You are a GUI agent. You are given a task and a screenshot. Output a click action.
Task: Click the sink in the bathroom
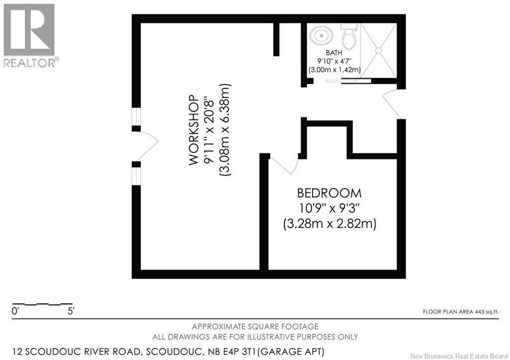coord(320,36)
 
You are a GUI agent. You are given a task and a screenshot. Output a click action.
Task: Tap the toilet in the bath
coord(348,36)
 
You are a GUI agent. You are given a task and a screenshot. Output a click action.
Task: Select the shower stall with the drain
coord(378,50)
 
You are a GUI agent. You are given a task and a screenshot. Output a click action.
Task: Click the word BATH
coord(334,53)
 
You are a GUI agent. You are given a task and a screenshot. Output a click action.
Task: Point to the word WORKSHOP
coord(195,130)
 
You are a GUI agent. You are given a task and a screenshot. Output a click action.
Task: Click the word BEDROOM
coord(329,193)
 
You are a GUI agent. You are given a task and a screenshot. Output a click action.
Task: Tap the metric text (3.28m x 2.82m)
coord(329,224)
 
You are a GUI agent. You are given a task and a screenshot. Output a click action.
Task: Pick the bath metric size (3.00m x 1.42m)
coord(334,70)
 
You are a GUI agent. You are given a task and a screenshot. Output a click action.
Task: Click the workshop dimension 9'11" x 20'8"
coord(210,130)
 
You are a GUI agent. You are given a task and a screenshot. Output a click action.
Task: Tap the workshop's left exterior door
coord(147,144)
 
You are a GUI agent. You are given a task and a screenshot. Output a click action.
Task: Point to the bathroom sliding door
coord(349,80)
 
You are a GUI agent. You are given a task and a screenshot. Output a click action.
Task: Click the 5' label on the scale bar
coord(71,312)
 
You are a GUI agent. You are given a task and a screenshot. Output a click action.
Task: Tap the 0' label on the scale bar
coord(15,312)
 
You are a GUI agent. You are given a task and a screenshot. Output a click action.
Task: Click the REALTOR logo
coord(29,35)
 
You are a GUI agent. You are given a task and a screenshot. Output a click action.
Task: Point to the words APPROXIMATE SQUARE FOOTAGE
coord(255,327)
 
